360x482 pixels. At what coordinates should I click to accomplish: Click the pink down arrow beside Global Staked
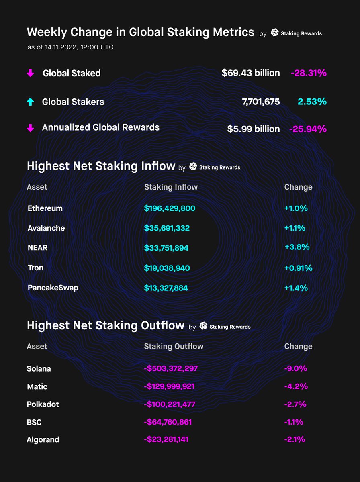point(30,74)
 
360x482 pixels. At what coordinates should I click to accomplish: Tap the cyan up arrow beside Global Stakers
point(30,102)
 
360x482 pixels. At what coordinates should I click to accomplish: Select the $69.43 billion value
point(250,73)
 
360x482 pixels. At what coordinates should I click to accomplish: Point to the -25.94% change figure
point(308,129)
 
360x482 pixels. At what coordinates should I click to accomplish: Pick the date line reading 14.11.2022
point(70,47)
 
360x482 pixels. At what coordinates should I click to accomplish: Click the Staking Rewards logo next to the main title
point(275,33)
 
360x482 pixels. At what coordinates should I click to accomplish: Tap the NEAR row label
point(38,248)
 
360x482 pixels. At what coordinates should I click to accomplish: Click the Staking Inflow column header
point(171,187)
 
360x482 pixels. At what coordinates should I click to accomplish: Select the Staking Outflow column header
point(174,346)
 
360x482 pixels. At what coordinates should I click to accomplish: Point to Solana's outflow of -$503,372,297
point(171,368)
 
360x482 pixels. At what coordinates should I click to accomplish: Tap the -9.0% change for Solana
point(295,368)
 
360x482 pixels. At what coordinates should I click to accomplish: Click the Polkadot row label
point(43,404)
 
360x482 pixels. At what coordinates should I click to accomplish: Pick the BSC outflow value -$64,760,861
point(168,422)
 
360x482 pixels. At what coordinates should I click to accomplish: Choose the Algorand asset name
point(43,439)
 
